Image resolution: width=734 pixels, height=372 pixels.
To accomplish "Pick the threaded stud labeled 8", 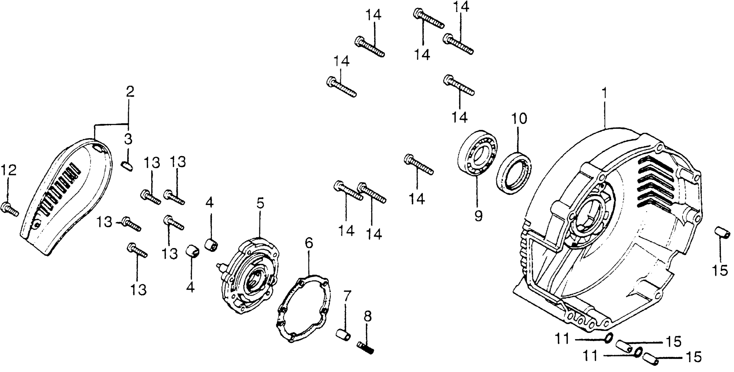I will (365, 347).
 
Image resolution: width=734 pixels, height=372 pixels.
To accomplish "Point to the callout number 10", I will (519, 119).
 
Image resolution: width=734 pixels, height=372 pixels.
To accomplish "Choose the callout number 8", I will (368, 316).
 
